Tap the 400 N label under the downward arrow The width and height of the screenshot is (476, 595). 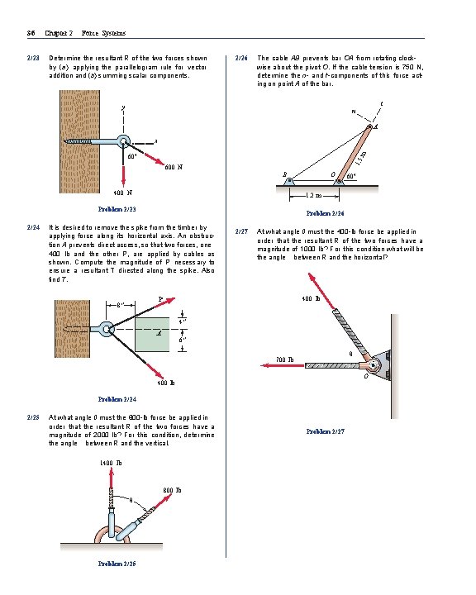tap(123, 193)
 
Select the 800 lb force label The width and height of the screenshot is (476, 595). tap(172, 490)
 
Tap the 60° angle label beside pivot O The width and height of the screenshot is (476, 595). tap(351, 176)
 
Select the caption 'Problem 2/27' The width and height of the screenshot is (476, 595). tap(325, 431)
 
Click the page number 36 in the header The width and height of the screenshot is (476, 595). tap(29, 33)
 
